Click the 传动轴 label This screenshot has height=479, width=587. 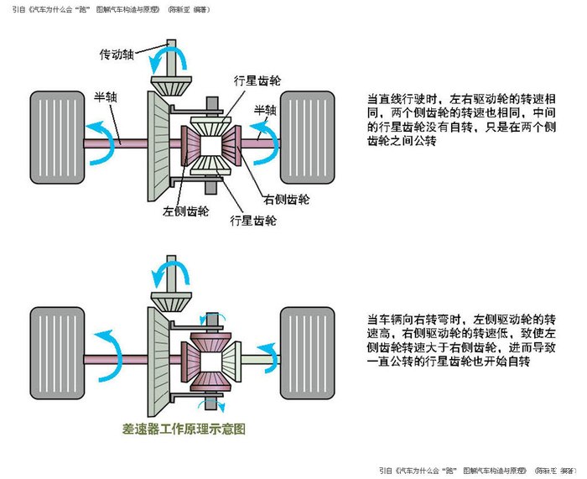pos(119,55)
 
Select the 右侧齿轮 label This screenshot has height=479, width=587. pos(286,200)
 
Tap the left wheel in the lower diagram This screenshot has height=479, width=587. pos(56,352)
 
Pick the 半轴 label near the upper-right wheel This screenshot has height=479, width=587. pos(264,110)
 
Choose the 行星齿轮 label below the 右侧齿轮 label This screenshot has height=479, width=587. pos(253,221)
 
